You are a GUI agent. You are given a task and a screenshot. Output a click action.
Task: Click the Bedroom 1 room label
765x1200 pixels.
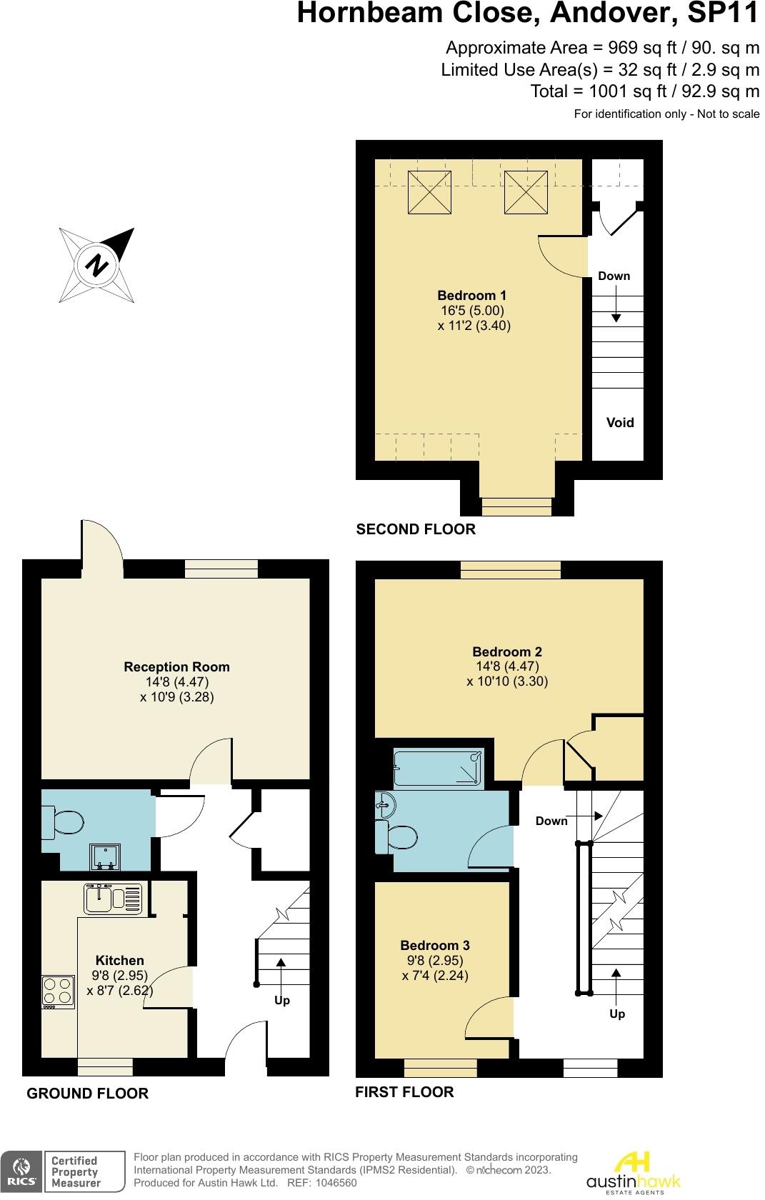(x=471, y=295)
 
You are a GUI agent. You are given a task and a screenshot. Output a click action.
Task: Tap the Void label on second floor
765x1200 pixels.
(x=619, y=422)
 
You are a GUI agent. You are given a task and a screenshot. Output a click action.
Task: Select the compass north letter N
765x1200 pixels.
(x=96, y=266)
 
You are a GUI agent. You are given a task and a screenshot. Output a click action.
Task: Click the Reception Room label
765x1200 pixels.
(x=176, y=666)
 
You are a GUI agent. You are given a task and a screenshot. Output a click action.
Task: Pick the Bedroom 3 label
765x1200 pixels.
(x=434, y=945)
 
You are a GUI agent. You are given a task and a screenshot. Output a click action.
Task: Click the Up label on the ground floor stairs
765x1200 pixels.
(x=282, y=1000)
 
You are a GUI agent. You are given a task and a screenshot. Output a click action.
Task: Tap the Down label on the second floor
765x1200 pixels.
(x=614, y=276)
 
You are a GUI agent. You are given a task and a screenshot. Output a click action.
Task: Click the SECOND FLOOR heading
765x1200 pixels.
(x=415, y=529)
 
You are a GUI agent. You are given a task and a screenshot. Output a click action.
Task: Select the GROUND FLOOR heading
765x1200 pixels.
(x=87, y=1093)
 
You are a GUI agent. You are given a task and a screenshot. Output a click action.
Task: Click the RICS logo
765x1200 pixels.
(x=21, y=1171)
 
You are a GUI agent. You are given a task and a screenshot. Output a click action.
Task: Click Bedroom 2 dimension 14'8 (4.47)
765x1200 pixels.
(x=507, y=666)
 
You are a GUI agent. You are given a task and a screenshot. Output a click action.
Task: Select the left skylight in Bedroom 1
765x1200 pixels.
(x=429, y=191)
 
